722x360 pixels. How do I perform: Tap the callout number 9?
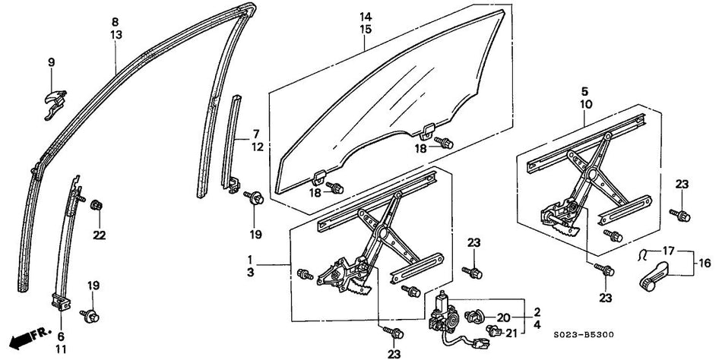[x=52, y=62]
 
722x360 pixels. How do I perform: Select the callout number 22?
[x=98, y=234]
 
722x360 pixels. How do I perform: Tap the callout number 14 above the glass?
[x=366, y=17]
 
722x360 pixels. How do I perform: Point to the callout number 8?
[x=115, y=22]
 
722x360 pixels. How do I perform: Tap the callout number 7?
[x=256, y=134]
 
